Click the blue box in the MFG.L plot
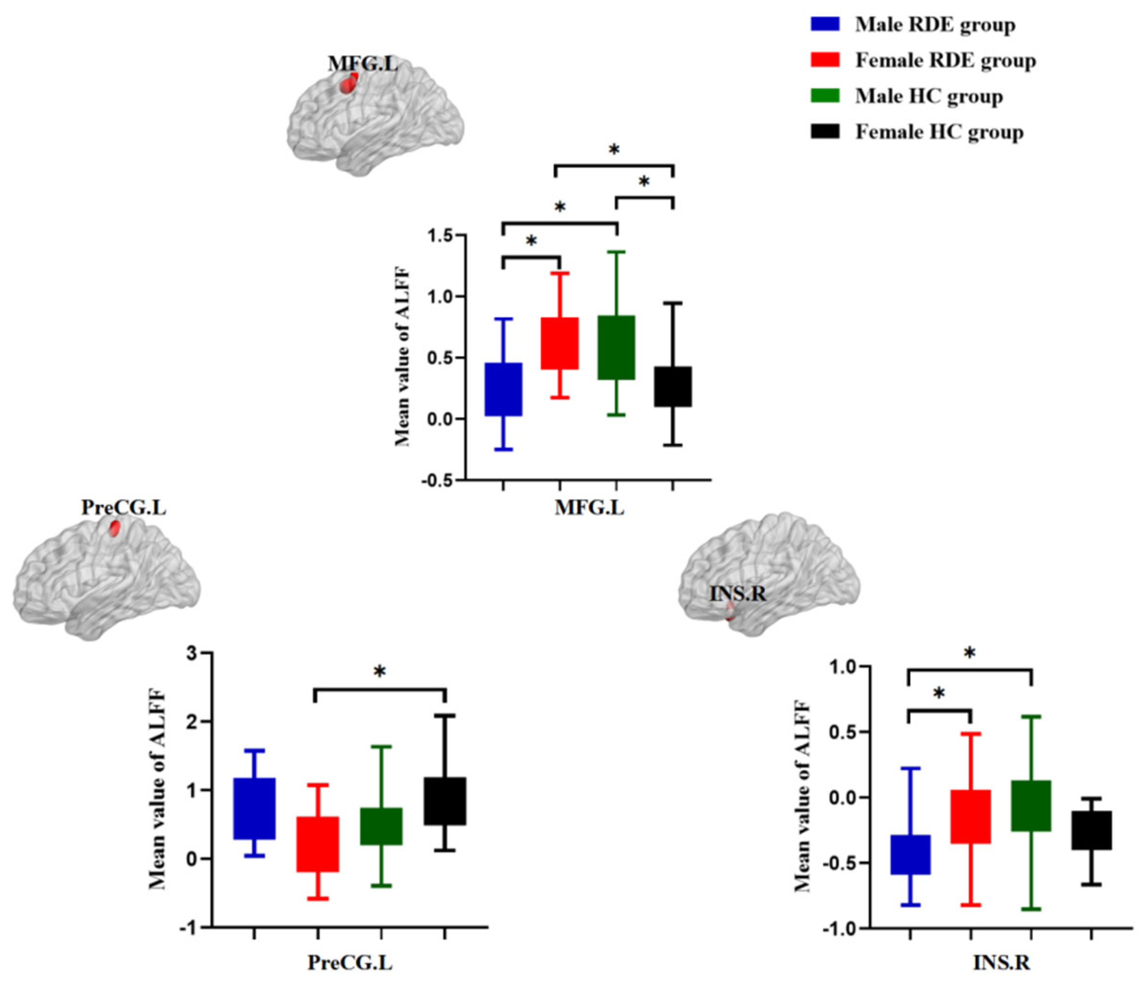[x=504, y=389]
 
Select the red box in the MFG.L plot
[x=560, y=343]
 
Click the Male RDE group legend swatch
[x=825, y=24]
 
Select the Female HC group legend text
[x=939, y=132]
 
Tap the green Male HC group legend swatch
[x=825, y=96]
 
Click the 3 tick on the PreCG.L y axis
[x=192, y=653]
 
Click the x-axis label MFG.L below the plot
[x=589, y=508]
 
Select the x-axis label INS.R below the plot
[x=1001, y=962]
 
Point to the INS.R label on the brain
[x=738, y=595]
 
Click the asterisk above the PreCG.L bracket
[x=379, y=672]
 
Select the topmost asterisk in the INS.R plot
[x=970, y=653]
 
